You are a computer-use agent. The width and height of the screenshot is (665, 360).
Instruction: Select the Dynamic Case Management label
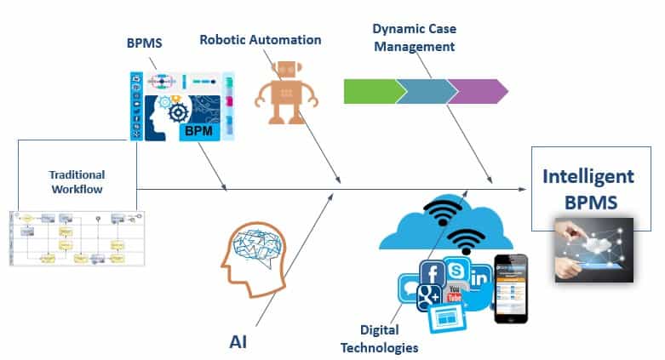[415, 35]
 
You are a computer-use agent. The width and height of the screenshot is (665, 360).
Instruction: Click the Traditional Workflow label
[76, 182]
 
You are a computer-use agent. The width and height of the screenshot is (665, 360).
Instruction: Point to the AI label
[238, 341]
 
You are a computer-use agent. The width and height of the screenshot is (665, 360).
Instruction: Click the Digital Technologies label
[380, 340]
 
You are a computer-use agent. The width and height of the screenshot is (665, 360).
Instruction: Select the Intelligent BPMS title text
[588, 190]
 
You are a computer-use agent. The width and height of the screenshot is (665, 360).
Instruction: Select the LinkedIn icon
[479, 278]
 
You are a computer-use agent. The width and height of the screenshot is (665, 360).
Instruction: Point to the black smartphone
[511, 289]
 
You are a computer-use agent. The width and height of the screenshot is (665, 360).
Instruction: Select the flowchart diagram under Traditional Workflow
[77, 238]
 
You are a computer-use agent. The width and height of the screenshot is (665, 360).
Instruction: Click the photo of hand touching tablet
[593, 249]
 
